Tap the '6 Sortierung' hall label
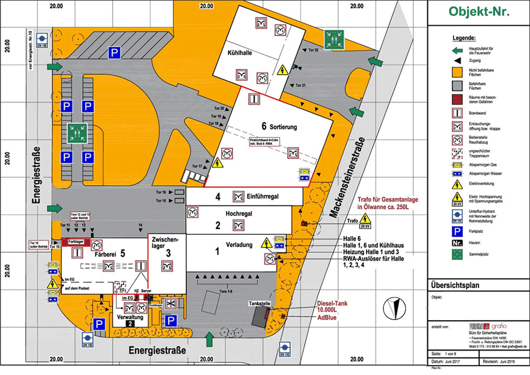280,126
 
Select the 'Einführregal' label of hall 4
266,196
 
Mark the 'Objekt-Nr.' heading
479,11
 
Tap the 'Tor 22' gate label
313,51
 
